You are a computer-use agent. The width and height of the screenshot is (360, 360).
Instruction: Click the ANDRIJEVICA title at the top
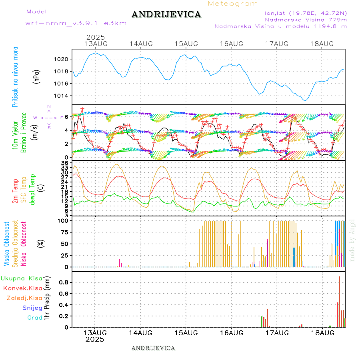[x=166, y=15]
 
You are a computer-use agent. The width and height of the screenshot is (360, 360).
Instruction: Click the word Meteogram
[x=233, y=4]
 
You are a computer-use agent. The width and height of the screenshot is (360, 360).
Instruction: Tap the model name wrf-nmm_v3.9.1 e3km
[x=76, y=23]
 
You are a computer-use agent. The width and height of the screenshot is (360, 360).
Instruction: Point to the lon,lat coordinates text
[x=302, y=13]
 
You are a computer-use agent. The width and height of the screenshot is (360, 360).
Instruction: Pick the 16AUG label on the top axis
[x=232, y=44]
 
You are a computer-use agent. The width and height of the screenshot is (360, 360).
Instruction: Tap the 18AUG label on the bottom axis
[x=322, y=333]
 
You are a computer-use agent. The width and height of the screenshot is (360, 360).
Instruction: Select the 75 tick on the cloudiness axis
[x=64, y=232]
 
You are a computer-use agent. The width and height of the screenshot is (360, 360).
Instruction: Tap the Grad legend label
[x=35, y=318]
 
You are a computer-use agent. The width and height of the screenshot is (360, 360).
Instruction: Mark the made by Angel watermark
[x=352, y=240]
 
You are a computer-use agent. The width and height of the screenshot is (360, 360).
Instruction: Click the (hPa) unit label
[x=37, y=76]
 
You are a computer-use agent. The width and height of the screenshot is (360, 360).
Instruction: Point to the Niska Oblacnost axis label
[x=24, y=243]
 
